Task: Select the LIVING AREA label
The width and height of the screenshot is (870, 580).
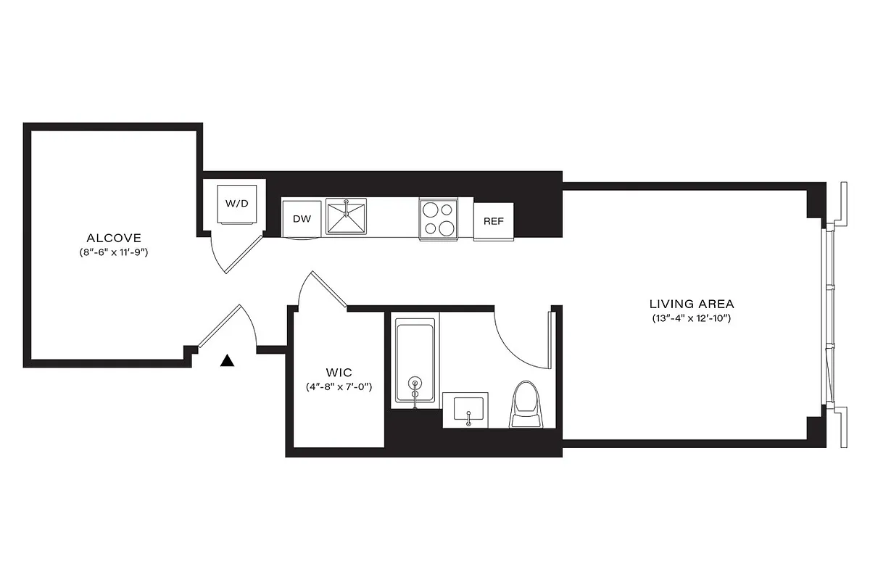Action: coord(691,304)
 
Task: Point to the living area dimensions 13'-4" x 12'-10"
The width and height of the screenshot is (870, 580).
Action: coord(691,319)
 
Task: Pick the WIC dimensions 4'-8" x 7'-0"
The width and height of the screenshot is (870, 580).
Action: coord(338,387)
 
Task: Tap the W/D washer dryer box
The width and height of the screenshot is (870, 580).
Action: coord(236,204)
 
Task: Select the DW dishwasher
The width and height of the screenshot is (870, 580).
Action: coord(302,218)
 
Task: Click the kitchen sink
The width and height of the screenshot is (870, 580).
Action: coord(347,217)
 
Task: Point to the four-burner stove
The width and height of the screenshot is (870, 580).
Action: coord(438,218)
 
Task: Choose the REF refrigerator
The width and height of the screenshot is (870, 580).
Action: coord(494,222)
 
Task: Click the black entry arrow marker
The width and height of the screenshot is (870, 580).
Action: coord(228,360)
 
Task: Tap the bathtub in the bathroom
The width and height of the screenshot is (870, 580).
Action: coord(415,360)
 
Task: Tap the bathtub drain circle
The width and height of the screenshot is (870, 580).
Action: coord(415,382)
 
